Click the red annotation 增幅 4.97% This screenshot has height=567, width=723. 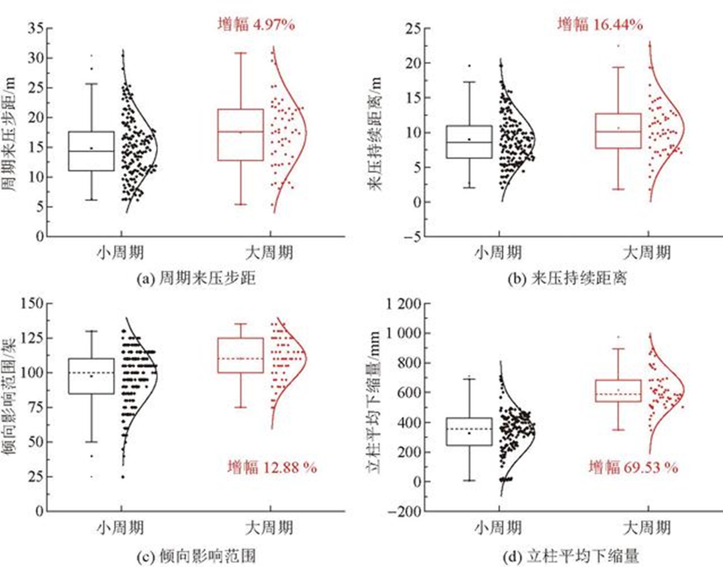pyautogui.click(x=256, y=24)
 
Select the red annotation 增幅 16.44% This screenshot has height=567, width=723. pyautogui.click(x=600, y=24)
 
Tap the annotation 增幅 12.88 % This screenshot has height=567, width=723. pyautogui.click(x=272, y=467)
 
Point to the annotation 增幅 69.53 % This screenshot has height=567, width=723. pyautogui.click(x=633, y=467)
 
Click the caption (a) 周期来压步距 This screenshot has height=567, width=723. pyautogui.click(x=196, y=278)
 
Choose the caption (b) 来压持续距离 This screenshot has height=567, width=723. pyautogui.click(x=567, y=278)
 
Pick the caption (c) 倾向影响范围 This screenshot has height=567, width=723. pyautogui.click(x=196, y=556)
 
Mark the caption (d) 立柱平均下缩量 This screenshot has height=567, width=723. pyautogui.click(x=571, y=556)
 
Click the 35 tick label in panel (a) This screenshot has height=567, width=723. pyautogui.click(x=36, y=29)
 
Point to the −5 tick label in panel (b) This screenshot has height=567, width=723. pyautogui.click(x=412, y=237)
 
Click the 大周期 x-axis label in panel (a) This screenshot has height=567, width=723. pyautogui.click(x=269, y=253)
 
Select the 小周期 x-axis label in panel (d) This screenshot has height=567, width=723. pyautogui.click(x=498, y=528)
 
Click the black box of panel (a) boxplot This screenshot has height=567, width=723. pyautogui.click(x=91, y=151)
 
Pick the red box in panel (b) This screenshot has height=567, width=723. pyautogui.click(x=618, y=131)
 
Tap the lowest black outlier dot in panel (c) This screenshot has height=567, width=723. pyautogui.click(x=92, y=477)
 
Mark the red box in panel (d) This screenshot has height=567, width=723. pyautogui.click(x=618, y=391)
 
